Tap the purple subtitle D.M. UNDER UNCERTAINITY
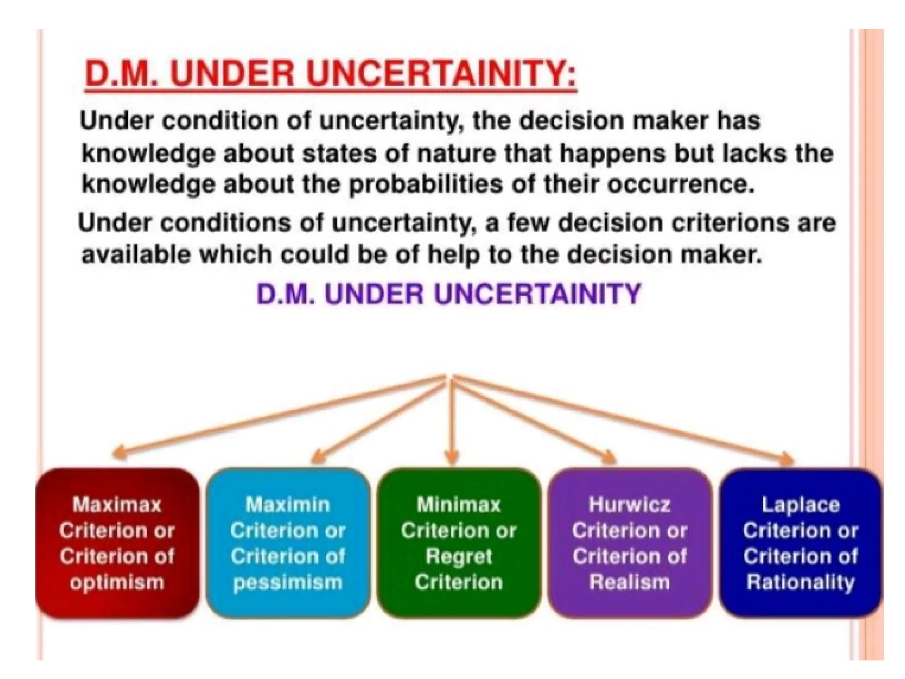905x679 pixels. [449, 294]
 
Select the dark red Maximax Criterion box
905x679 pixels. [117, 543]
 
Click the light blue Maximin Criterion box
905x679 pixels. [288, 543]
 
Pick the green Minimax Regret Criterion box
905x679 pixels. [459, 543]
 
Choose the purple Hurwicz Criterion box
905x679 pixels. [629, 543]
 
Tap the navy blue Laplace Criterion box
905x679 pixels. [800, 543]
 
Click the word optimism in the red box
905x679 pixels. [117, 582]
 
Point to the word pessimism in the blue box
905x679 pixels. [288, 582]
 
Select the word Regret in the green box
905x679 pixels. [459, 556]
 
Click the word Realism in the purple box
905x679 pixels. [629, 582]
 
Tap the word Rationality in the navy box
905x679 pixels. [800, 582]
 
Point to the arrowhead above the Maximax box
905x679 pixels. [118, 453]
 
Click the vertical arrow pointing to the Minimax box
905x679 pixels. [451, 420]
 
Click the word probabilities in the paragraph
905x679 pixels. [426, 184]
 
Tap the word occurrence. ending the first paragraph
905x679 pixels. [680, 184]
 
